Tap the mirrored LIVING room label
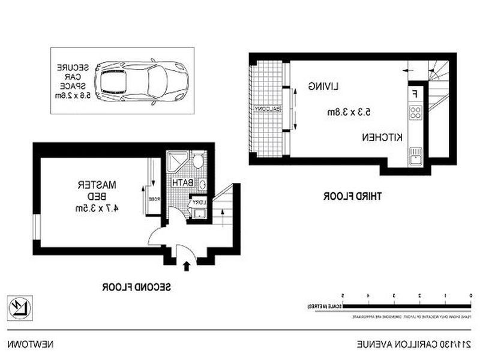click(x=324, y=86)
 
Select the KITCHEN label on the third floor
click(x=381, y=137)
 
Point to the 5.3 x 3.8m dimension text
click(x=349, y=112)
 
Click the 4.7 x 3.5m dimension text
click(x=95, y=208)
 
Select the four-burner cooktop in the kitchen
click(x=415, y=112)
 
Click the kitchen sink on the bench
click(x=415, y=158)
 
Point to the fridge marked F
click(x=415, y=94)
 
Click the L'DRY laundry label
click(x=199, y=202)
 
